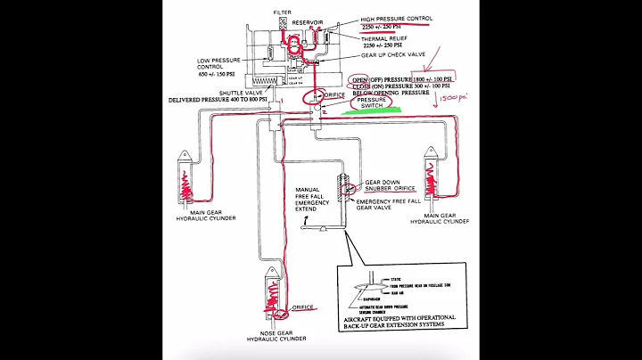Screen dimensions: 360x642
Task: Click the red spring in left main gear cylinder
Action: point(188,184)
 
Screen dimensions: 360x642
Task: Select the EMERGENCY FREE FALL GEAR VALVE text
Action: point(389,206)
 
